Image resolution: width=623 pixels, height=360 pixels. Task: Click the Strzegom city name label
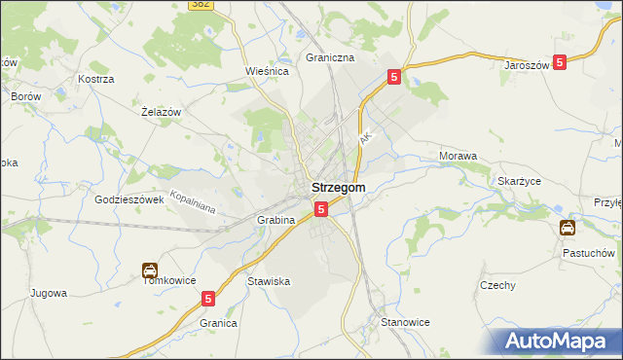coord(338,188)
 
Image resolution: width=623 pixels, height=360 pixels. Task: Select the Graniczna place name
coord(330,57)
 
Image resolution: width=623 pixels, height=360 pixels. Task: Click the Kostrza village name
coord(97,78)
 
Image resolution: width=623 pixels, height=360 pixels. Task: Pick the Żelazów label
coord(162,113)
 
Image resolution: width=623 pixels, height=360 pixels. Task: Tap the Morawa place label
coord(458,156)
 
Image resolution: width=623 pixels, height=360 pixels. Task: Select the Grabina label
coord(275,221)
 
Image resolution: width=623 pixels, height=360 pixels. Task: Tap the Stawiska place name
coord(269,281)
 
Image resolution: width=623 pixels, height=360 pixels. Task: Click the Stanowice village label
coord(405,321)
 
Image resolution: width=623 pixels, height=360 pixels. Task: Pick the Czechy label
coord(497,285)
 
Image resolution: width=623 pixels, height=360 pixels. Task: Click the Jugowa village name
coord(49,292)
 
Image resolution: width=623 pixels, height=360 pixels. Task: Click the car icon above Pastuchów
coord(568,229)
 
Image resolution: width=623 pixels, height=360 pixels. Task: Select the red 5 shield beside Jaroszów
coord(560,62)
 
